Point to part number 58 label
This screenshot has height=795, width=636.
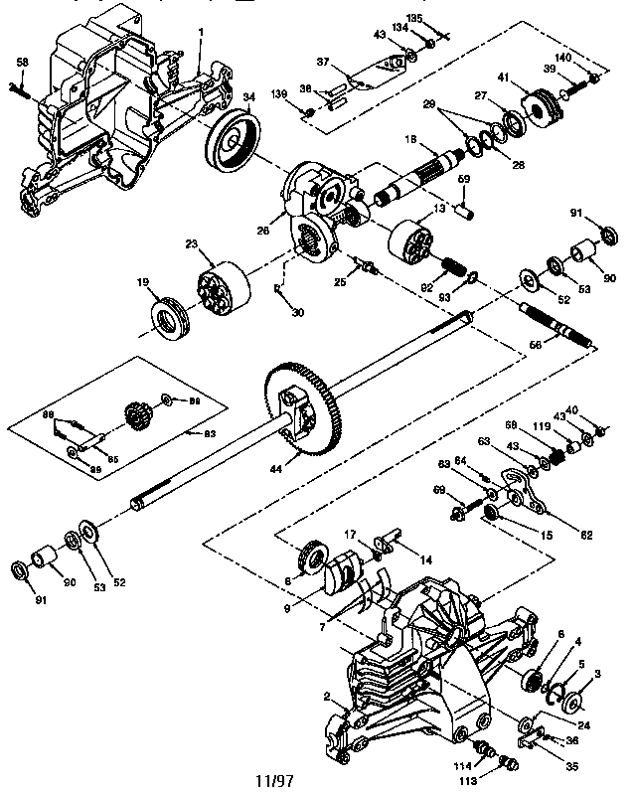click(22, 63)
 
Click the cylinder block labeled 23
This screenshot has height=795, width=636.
click(221, 287)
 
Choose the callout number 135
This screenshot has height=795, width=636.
click(441, 18)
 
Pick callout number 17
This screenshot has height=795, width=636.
click(351, 535)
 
